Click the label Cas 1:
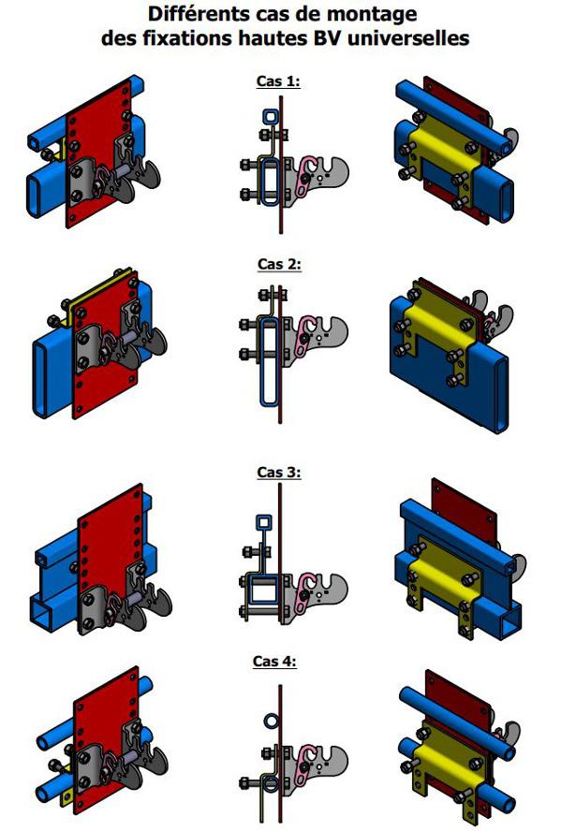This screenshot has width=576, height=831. click(278, 81)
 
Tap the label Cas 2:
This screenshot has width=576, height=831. click(279, 264)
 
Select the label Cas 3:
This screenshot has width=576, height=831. click(279, 473)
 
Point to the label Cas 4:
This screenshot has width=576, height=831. click(274, 661)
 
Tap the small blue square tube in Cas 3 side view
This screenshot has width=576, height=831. click(263, 522)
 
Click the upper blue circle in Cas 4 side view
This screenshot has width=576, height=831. click(271, 721)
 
